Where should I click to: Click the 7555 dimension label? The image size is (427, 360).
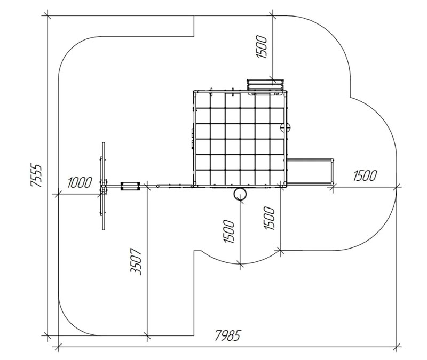point(36,175)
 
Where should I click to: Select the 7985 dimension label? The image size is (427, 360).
point(228,335)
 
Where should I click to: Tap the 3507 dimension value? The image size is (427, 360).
point(136,261)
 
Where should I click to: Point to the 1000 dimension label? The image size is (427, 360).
point(80,182)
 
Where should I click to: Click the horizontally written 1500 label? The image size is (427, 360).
point(365,176)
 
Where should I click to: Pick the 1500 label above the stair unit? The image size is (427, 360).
point(262,46)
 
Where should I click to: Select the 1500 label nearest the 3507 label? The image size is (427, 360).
point(229,231)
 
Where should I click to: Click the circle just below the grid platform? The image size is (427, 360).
point(240,194)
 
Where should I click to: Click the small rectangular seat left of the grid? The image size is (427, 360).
point(130,186)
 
